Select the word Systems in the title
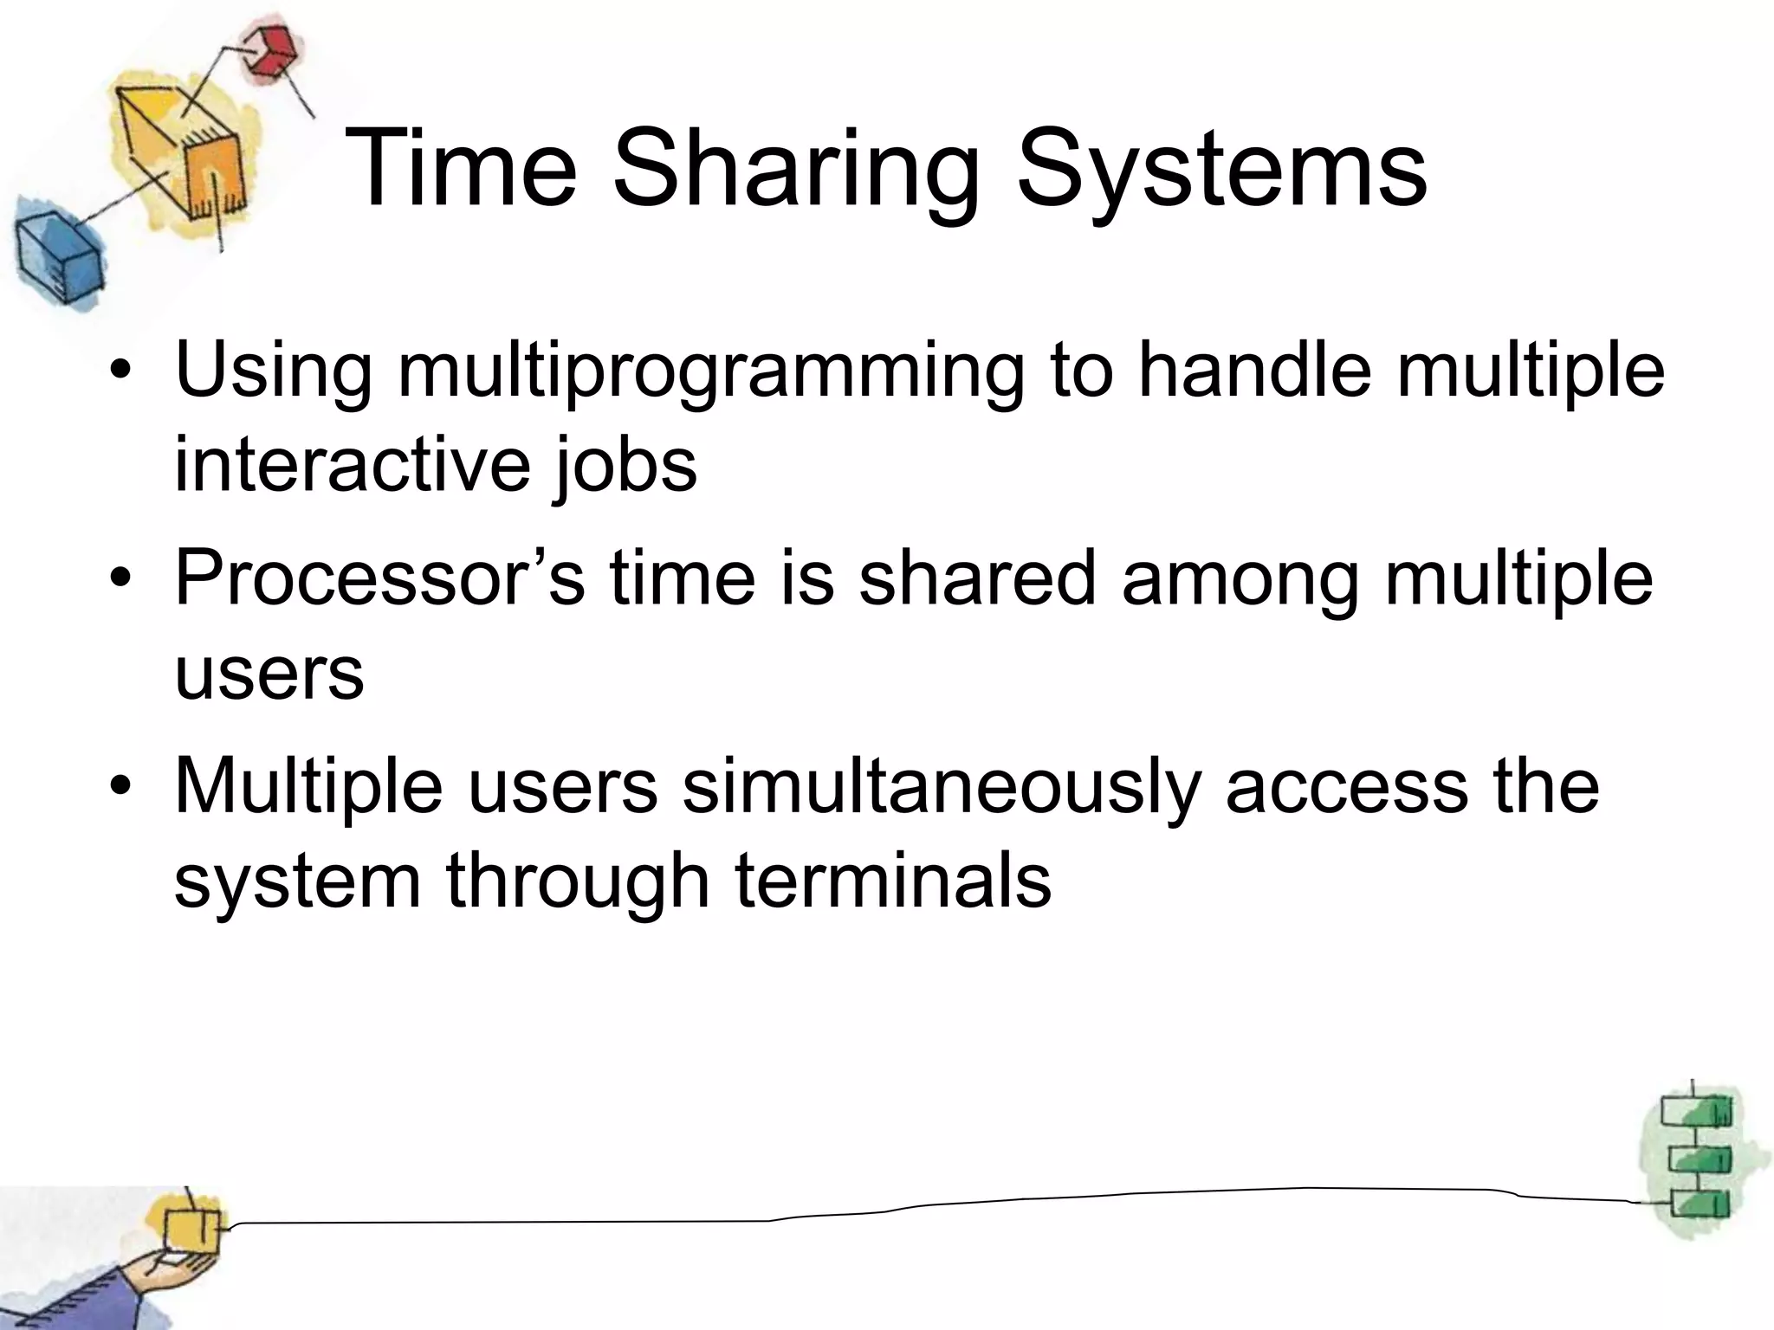pyautogui.click(x=1220, y=170)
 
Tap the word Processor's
pyautogui.click(x=380, y=578)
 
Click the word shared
pyautogui.click(x=978, y=578)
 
